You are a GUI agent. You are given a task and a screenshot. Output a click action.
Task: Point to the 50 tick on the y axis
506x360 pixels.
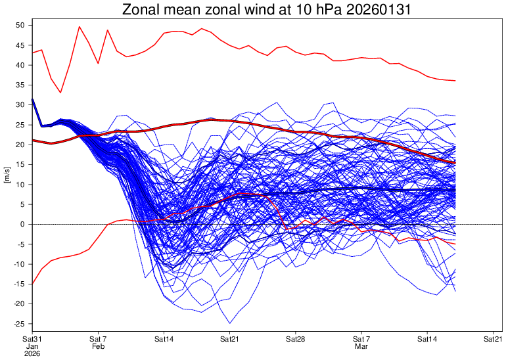click(x=20, y=25)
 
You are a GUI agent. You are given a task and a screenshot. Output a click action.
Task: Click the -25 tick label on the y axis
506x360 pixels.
click(x=18, y=324)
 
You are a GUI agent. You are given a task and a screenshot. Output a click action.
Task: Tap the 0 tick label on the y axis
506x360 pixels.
click(x=22, y=224)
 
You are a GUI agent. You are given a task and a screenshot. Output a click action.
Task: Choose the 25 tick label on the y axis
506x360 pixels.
click(x=20, y=125)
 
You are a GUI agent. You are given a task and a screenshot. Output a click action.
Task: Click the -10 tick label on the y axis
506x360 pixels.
click(x=18, y=264)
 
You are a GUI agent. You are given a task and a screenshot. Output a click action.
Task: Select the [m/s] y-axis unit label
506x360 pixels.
click(x=7, y=175)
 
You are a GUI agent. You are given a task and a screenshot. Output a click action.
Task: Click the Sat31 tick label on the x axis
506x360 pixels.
click(x=32, y=339)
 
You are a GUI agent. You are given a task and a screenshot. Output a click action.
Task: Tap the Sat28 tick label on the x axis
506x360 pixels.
click(x=295, y=339)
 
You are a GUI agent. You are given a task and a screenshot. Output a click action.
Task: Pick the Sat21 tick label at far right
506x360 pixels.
click(x=493, y=339)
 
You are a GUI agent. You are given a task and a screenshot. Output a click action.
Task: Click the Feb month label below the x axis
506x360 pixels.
click(x=98, y=346)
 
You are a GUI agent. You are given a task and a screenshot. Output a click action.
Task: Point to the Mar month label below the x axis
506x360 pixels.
click(x=361, y=346)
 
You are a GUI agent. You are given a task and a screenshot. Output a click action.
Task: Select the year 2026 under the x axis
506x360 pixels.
click(x=32, y=353)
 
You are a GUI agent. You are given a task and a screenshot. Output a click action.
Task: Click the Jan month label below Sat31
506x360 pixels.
click(x=32, y=346)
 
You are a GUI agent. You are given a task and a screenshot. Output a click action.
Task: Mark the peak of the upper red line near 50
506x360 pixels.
click(x=80, y=27)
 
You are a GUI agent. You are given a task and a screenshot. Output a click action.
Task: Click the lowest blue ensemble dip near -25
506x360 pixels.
click(x=230, y=323)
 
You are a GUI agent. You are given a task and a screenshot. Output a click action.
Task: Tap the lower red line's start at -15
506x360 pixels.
click(x=33, y=284)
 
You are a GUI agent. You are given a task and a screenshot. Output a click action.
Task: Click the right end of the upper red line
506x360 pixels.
click(x=455, y=81)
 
